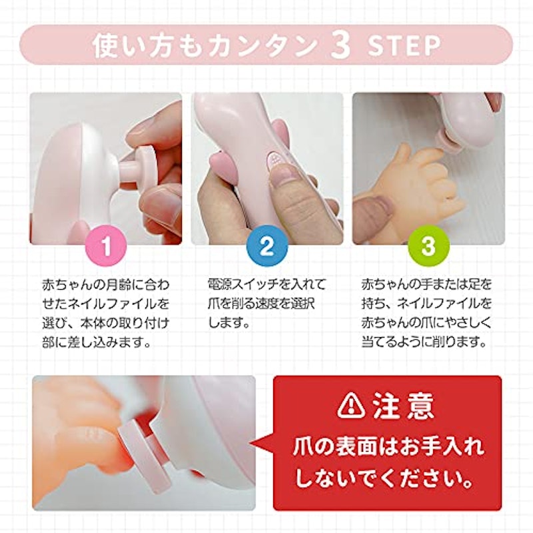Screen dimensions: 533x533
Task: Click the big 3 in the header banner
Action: (x=340, y=45)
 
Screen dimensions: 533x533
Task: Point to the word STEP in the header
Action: (x=404, y=45)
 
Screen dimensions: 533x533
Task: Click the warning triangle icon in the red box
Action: (x=351, y=406)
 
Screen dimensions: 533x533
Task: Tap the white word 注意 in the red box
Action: (x=403, y=406)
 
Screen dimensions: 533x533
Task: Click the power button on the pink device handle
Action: (x=274, y=159)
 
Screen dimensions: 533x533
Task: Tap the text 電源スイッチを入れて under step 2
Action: (x=267, y=284)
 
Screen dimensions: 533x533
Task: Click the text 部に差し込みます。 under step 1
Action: (x=96, y=342)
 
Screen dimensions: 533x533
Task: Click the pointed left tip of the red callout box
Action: (x=251, y=442)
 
